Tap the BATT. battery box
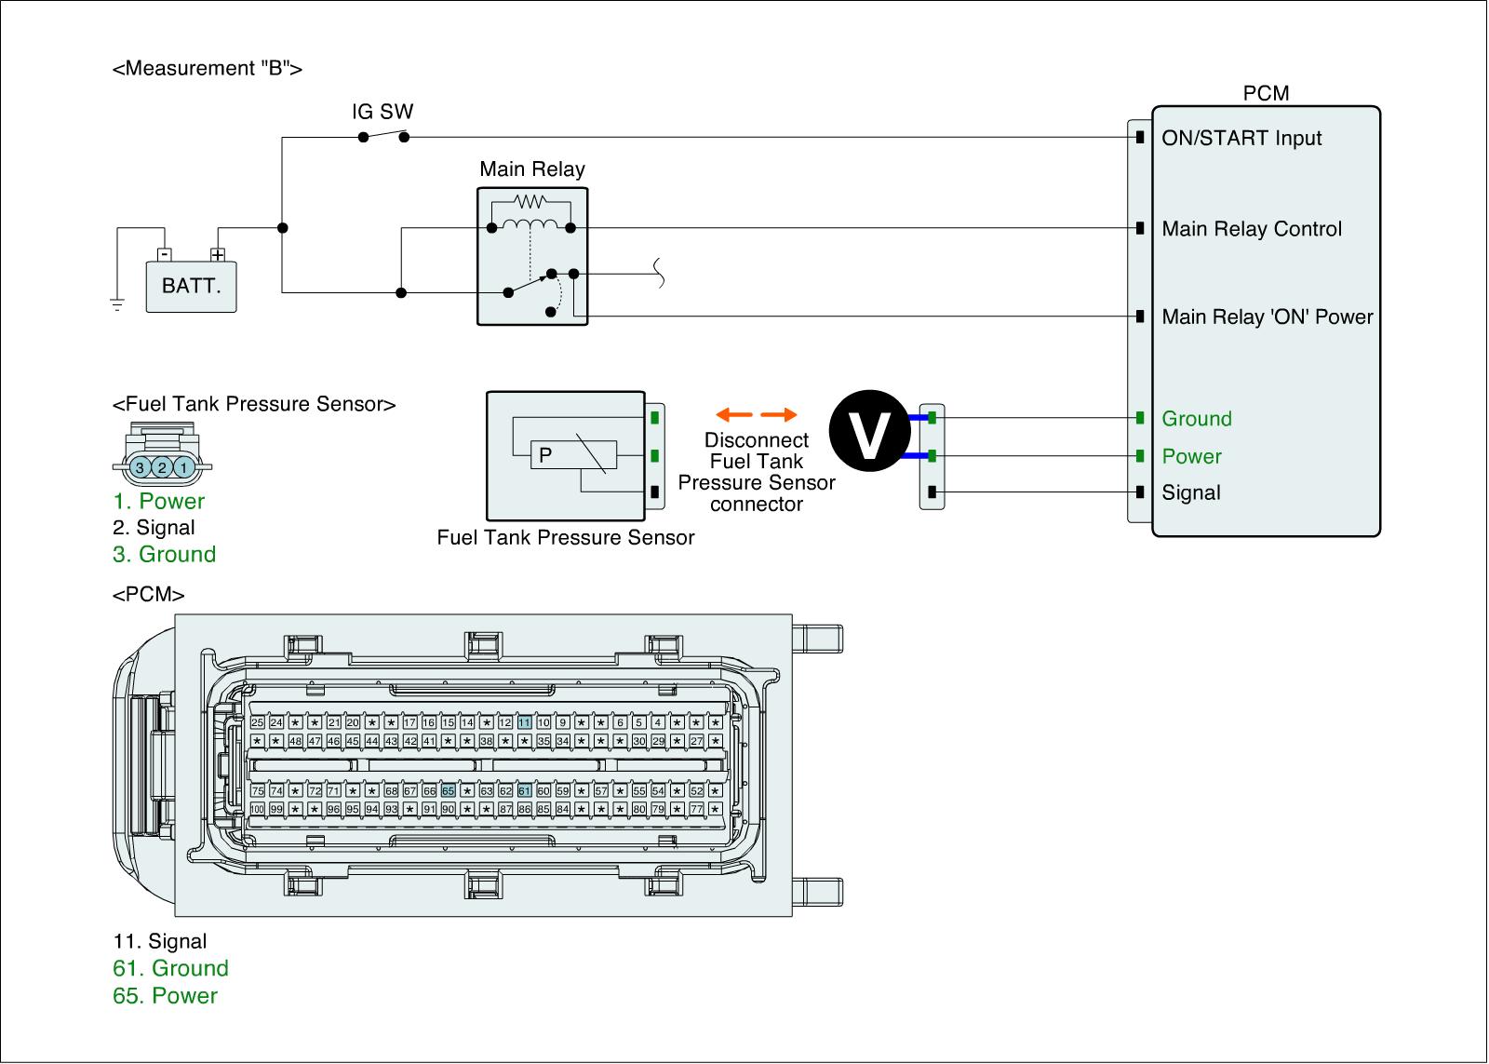[191, 286]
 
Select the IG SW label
[382, 113]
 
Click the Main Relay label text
[531, 169]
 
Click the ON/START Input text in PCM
[1241, 139]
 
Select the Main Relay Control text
[1252, 229]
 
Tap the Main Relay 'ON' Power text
[1268, 317]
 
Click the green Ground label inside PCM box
[1197, 419]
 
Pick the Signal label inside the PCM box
[1191, 492]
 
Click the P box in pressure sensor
[546, 455]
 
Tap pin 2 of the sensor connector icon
[162, 467]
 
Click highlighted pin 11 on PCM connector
[525, 722]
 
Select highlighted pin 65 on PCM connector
[449, 791]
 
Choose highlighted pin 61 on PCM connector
[525, 791]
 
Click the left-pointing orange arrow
[733, 415]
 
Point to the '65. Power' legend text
[166, 995]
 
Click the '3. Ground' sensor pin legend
[165, 555]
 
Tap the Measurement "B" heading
[207, 68]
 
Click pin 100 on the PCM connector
[257, 809]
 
